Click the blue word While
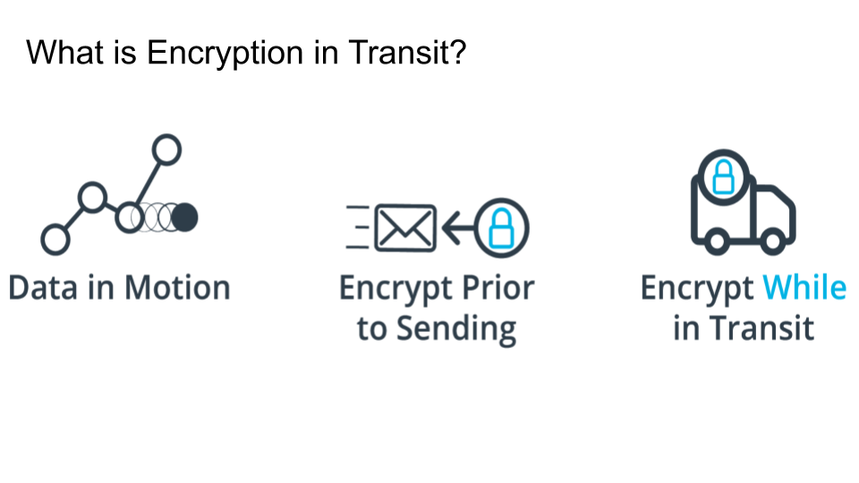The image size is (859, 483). coord(804,289)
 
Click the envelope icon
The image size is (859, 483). coord(405,228)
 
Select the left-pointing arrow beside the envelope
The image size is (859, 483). coord(458,229)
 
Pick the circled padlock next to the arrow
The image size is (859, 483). coord(501,228)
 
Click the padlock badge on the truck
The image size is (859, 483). coord(722,178)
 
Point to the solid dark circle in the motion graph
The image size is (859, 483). coord(185,216)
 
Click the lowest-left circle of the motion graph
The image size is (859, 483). coord(55,239)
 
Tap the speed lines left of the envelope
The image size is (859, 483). coord(358,228)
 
